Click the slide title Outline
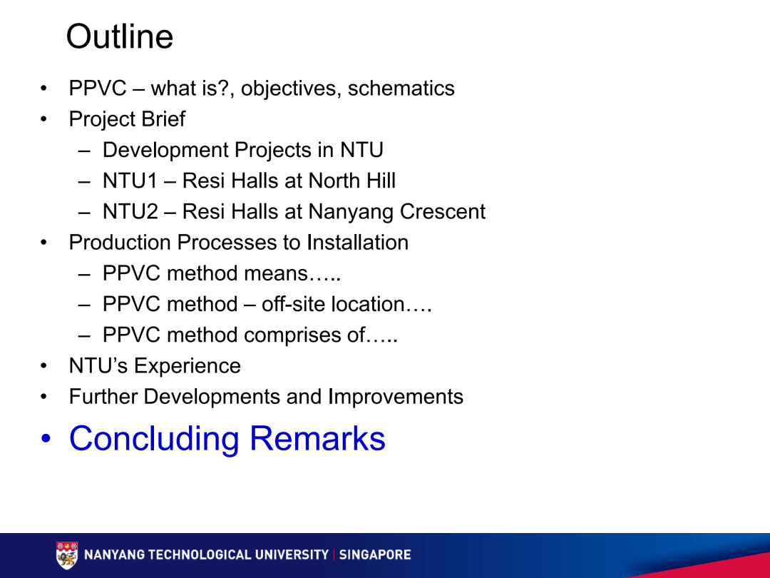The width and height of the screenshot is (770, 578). point(119,37)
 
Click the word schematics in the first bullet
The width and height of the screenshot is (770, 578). point(401,88)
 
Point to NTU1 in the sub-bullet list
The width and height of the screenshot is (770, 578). point(129,181)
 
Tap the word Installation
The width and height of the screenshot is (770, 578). point(357,243)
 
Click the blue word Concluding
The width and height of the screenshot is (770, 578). point(154,439)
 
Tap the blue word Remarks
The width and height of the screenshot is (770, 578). point(318,439)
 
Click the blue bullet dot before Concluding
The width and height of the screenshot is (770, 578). point(46,440)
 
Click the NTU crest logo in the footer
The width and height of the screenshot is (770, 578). point(67,555)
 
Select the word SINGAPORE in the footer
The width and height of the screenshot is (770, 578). point(375,555)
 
